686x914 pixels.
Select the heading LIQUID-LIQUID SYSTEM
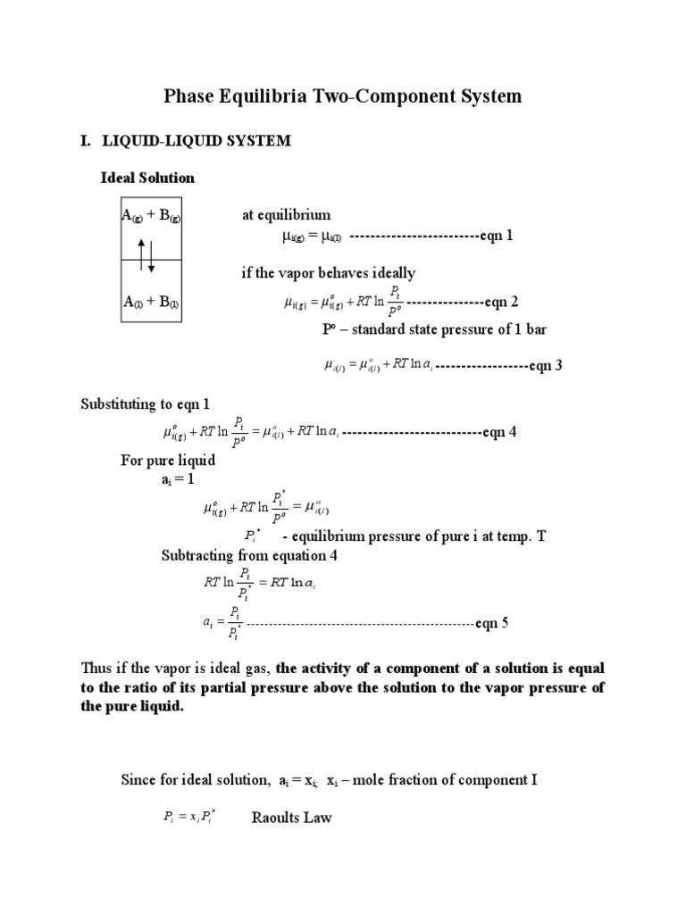[195, 141]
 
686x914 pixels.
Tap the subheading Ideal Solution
[146, 178]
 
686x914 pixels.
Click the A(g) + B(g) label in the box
[152, 216]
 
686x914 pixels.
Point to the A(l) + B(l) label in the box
[152, 303]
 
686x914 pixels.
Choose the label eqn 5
[491, 623]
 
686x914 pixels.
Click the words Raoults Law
[291, 817]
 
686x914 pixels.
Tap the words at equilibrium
[286, 215]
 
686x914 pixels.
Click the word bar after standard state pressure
[534, 329]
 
